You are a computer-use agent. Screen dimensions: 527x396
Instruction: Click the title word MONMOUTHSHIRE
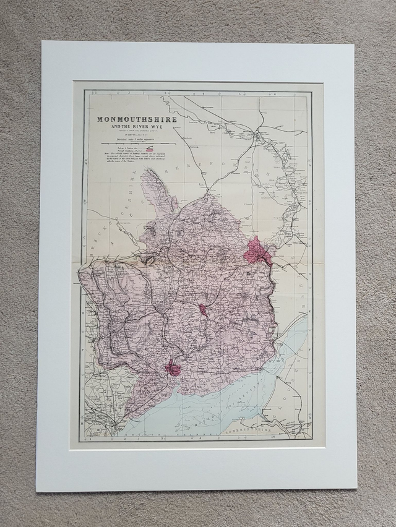click(x=136, y=119)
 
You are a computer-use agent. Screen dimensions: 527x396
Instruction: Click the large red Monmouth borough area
click(x=257, y=252)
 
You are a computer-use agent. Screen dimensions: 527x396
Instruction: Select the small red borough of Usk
click(x=203, y=310)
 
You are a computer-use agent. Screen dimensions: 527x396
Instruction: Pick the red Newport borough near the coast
click(x=172, y=369)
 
